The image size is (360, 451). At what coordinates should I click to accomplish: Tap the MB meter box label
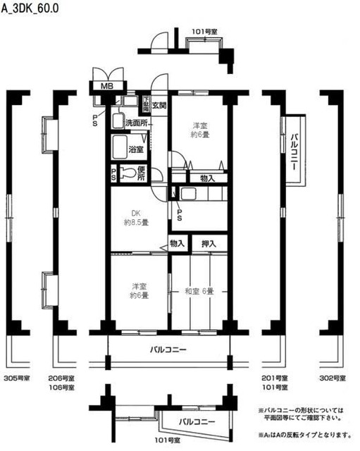coord(106,86)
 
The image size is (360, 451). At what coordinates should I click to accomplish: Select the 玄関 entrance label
coord(159,106)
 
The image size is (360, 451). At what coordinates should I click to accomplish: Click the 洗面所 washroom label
coord(137,123)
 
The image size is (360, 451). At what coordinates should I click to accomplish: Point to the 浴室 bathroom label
coord(137,149)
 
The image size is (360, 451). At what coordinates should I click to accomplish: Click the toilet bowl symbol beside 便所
coord(127,172)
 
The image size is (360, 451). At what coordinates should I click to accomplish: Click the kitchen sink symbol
coord(188,194)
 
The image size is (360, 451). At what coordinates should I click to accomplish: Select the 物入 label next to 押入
coord(177,244)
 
